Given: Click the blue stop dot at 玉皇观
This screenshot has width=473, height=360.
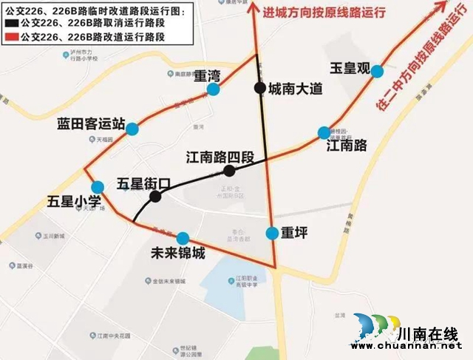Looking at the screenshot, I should click(377, 71).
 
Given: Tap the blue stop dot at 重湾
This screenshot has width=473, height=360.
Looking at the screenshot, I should click(214, 89).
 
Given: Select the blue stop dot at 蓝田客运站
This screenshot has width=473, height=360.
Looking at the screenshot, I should click(132, 129).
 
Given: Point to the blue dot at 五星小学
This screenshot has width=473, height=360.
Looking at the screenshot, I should click(97, 186).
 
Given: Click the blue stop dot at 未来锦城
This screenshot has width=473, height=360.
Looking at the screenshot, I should click(183, 238).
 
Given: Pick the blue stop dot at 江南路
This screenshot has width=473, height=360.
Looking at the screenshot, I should click(324, 132).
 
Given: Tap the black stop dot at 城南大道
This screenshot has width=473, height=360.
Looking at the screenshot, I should click(259, 88).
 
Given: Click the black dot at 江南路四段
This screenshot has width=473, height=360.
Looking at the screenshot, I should click(229, 171).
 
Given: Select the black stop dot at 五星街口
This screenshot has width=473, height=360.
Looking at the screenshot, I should click(155, 197).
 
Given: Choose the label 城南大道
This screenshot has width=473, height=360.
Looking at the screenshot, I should click(296, 89).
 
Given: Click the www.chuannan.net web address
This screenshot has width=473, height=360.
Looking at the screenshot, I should click(413, 344).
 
